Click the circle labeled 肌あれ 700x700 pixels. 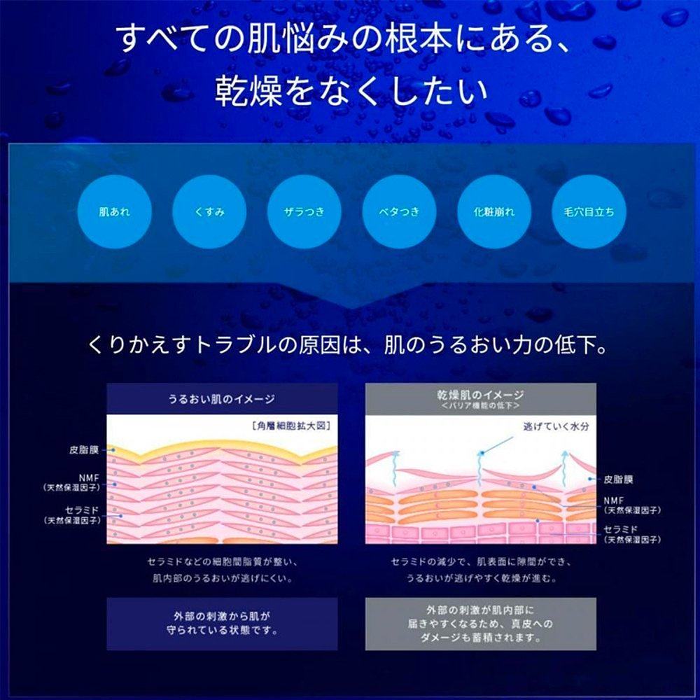pos(114,211)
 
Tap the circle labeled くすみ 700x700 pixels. pos(209,211)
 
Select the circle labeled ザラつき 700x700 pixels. pos(304,211)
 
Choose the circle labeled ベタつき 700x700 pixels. pos(400,211)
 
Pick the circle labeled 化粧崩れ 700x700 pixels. pos(495,211)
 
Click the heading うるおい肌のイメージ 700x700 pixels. pos(221,399)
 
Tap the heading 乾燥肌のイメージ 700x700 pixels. pos(480,395)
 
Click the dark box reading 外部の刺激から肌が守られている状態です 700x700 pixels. pos(221,622)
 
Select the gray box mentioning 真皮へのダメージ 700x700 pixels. pos(480,623)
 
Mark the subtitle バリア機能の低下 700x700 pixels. pos(480,406)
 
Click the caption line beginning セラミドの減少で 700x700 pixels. pos(480,561)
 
